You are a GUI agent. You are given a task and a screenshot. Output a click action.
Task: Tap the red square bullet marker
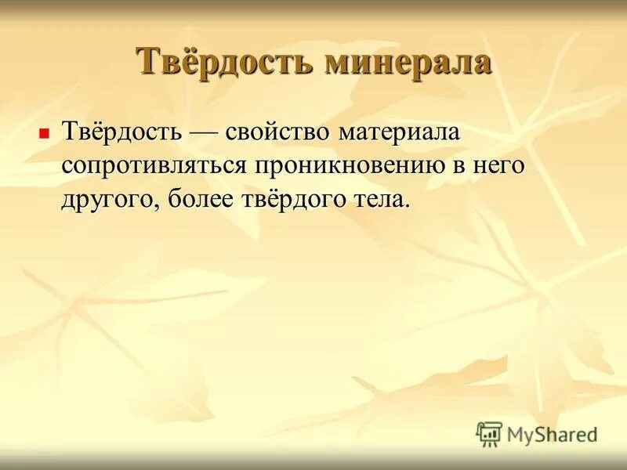(44, 133)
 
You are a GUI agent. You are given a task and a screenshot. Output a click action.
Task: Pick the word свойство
(278, 132)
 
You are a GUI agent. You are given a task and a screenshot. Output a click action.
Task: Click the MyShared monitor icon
(489, 433)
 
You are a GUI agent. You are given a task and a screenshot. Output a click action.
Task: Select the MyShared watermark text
(552, 434)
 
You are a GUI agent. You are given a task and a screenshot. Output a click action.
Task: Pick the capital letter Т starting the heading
(147, 61)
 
